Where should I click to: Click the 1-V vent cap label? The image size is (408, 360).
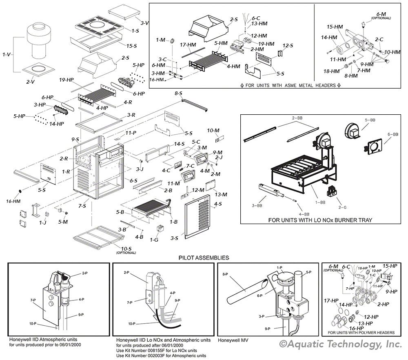[6, 54]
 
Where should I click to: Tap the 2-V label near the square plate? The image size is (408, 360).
[31, 82]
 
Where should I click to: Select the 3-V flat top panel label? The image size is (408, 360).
[144, 23]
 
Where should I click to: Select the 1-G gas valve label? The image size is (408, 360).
[154, 240]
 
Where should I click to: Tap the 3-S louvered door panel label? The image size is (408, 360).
[175, 238]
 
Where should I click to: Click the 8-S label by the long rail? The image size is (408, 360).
[178, 93]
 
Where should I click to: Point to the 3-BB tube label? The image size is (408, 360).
[257, 205]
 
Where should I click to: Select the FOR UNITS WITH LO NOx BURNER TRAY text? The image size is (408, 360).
[320, 220]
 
